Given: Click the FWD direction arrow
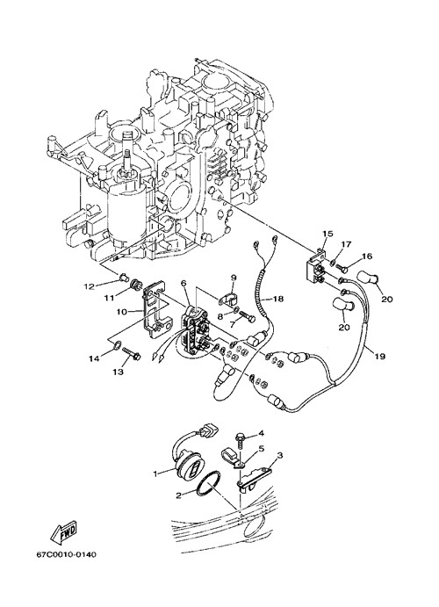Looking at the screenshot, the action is coord(63,531).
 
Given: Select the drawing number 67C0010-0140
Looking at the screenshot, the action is coord(66,555).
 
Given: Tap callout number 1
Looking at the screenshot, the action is coord(156,473).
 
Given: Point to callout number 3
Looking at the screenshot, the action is coord(280,455).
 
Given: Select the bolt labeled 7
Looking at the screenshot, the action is coord(247,315).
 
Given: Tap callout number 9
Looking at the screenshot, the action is coord(234,278).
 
